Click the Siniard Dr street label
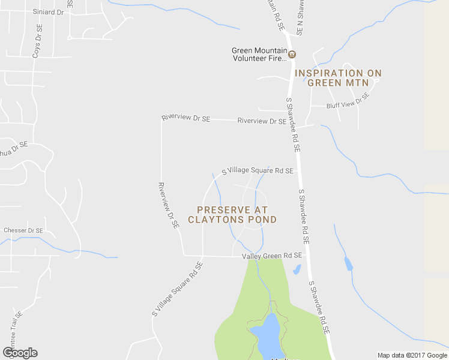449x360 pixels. [49, 11]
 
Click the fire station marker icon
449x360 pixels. [292, 55]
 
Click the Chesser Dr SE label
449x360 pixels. [23, 230]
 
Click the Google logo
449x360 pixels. [20, 352]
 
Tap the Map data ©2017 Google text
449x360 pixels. [412, 355]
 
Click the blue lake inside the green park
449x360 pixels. [267, 338]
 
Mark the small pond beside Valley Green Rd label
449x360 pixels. [297, 269]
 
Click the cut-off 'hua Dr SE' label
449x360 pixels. [13, 148]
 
